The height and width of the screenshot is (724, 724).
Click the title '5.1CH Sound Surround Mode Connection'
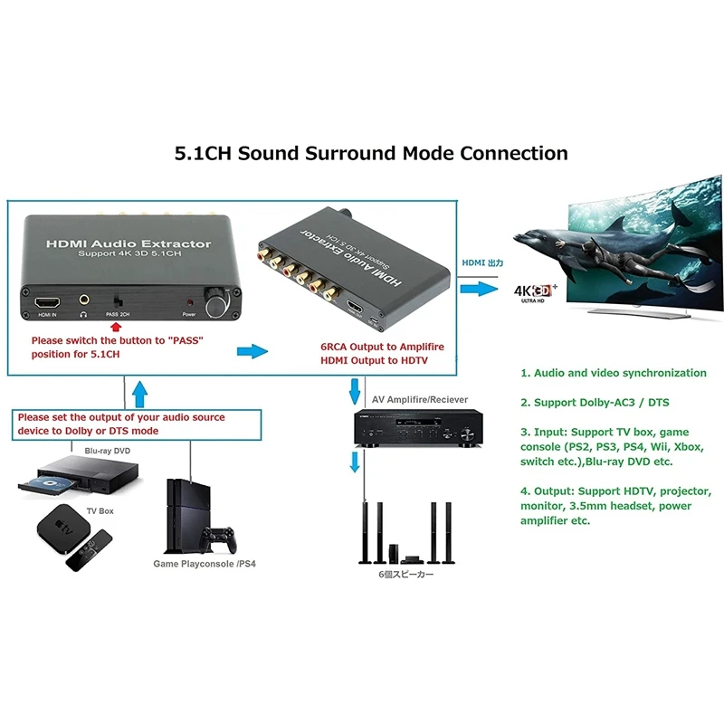tap(371, 153)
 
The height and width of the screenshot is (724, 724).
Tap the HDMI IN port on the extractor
tap(47, 300)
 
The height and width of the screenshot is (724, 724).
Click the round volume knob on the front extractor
tap(218, 303)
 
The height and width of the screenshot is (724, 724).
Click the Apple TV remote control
tap(90, 553)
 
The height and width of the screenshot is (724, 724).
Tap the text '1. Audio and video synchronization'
tap(613, 373)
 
